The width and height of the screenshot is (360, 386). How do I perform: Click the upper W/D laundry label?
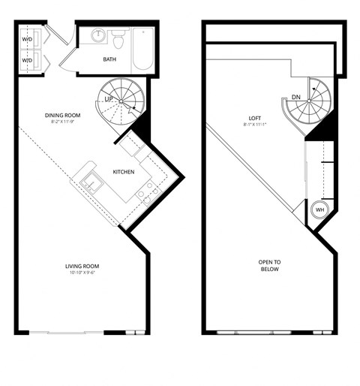(x=27, y=38)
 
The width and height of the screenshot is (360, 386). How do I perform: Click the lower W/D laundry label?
(x=27, y=59)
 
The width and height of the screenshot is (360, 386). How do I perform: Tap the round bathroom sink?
(x=100, y=36)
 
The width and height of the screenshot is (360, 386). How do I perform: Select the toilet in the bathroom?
(x=118, y=37)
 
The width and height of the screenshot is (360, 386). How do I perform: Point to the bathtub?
(x=142, y=49)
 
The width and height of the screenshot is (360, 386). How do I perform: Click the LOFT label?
(x=256, y=118)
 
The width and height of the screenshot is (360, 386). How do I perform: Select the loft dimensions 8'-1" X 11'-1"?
(x=256, y=125)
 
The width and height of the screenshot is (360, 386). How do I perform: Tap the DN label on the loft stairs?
(x=295, y=96)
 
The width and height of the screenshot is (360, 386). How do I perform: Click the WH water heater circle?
(x=320, y=210)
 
